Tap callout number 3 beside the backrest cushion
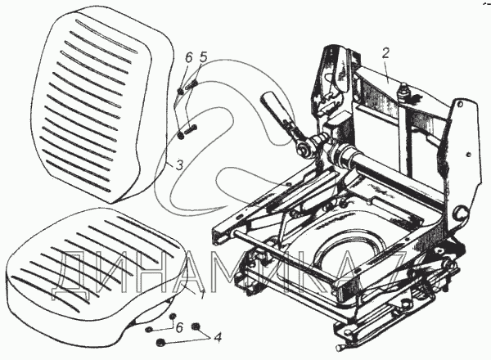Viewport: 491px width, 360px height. tap(167, 164)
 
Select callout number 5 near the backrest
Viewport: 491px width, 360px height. tap(205, 59)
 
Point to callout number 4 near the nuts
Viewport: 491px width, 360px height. tap(216, 336)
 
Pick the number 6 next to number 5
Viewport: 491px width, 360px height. tap(188, 59)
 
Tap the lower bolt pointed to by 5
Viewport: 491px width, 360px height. tap(191, 127)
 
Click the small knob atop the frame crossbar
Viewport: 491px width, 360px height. tap(403, 88)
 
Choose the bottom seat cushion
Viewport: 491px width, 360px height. tap(90, 262)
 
